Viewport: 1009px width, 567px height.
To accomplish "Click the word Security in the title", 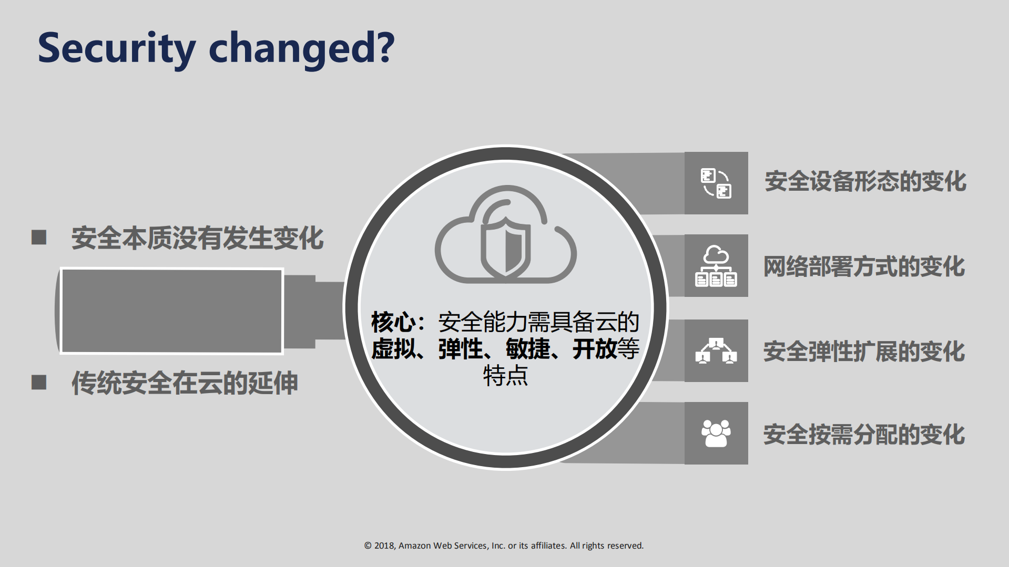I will click(x=116, y=48).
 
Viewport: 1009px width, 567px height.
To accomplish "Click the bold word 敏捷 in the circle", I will click(x=528, y=349).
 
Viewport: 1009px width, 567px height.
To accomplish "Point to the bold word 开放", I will click(x=595, y=349).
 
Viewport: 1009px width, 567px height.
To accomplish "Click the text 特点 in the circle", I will click(x=505, y=376).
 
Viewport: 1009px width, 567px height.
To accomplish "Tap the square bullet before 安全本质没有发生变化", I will click(x=39, y=238).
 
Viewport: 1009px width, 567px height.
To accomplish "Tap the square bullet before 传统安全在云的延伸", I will click(x=39, y=382).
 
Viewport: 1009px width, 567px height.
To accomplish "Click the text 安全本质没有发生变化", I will click(x=197, y=238).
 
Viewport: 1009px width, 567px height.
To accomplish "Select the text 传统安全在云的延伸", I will click(x=185, y=383).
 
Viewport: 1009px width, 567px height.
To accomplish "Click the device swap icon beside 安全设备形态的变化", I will click(x=716, y=183).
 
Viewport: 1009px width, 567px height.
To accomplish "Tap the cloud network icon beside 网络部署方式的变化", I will click(x=716, y=266).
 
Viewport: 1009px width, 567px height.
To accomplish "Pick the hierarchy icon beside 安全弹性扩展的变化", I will click(x=716, y=350).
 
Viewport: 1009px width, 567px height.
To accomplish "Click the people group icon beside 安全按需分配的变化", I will click(x=716, y=433).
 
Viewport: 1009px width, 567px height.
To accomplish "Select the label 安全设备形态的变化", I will click(x=865, y=181).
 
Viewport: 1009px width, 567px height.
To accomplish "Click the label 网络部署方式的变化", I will click(x=864, y=266).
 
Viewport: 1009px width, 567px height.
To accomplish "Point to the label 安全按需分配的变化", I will click(x=864, y=435).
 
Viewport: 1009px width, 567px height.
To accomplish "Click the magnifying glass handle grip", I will click(x=171, y=311).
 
